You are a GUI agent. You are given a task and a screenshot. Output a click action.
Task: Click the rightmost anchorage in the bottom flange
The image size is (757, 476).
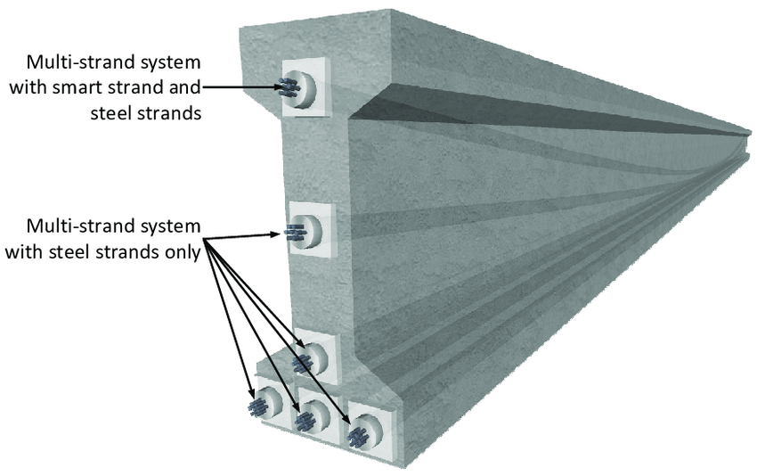coord(364,434)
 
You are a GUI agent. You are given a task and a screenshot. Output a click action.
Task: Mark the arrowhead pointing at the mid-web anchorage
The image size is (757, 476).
coord(278,234)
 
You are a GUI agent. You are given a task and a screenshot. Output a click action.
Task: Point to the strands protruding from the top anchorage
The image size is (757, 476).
coord(289,87)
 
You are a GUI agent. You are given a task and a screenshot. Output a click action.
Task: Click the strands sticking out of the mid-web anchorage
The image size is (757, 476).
coord(293,234)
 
